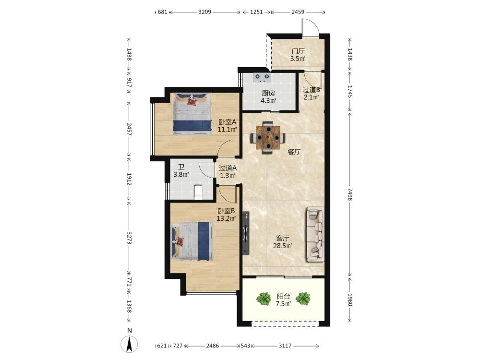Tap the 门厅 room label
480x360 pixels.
click(x=298, y=51)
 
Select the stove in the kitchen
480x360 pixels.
click(x=263, y=77)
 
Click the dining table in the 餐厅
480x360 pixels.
click(x=268, y=138)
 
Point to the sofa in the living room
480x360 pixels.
click(x=315, y=235)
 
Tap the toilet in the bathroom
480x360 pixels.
click(x=198, y=192)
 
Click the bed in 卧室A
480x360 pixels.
click(x=192, y=114)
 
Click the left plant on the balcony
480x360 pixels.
click(x=264, y=299)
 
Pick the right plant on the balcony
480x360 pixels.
click(x=303, y=298)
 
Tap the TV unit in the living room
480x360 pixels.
click(x=246, y=233)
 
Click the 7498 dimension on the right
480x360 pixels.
click(x=350, y=194)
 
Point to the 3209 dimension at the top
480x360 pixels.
click(x=205, y=12)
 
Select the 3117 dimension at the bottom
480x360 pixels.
click(x=285, y=346)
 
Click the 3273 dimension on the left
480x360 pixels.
click(x=129, y=238)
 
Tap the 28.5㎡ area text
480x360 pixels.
click(x=282, y=245)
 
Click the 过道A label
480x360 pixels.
click(x=228, y=168)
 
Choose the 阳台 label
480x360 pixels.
click(x=284, y=296)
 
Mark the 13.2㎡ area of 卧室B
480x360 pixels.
click(x=226, y=218)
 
